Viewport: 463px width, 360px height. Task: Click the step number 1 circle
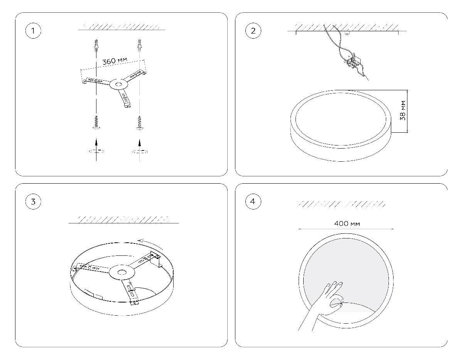(33, 31)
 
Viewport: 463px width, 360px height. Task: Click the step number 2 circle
(253, 31)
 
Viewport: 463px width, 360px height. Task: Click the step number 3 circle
(33, 201)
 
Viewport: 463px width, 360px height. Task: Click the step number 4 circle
(253, 201)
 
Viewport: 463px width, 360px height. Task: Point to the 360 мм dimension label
(115, 61)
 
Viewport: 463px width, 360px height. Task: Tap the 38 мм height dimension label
(403, 111)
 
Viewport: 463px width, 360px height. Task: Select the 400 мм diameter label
(347, 224)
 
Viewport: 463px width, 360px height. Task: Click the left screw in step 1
(96, 122)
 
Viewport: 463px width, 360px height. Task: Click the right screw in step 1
(140, 123)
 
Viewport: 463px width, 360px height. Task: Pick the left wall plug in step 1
(96, 45)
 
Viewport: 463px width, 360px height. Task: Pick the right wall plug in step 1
(139, 45)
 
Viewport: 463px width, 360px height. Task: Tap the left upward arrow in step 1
(96, 150)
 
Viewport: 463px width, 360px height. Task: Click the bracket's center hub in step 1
(118, 85)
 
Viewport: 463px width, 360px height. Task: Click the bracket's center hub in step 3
(122, 272)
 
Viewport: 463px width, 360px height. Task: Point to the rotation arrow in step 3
(150, 243)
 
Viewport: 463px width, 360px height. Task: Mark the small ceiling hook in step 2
(347, 33)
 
